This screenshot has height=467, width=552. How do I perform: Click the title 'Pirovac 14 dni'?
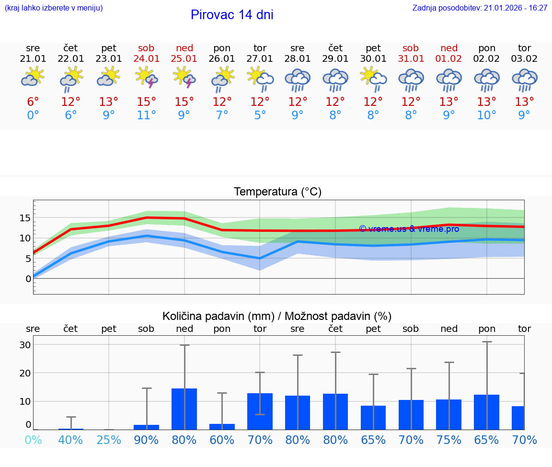click(x=232, y=15)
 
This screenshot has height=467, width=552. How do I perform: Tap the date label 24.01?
click(x=147, y=59)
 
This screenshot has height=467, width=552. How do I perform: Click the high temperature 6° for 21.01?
click(x=33, y=102)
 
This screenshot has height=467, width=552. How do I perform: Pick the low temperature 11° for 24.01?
click(x=147, y=115)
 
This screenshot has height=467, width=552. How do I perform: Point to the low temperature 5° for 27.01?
click(x=260, y=115)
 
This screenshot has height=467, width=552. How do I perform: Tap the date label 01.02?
click(x=449, y=59)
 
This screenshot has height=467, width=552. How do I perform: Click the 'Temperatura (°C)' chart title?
click(x=277, y=192)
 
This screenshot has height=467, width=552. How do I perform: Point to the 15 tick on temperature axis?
click(x=25, y=218)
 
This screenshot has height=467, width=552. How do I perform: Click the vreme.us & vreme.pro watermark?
click(x=409, y=229)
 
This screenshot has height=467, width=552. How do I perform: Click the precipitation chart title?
click(x=277, y=316)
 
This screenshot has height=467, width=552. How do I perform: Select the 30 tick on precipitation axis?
click(x=25, y=345)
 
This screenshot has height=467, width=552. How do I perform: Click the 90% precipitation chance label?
click(x=147, y=440)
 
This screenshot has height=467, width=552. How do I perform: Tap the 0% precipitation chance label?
click(x=33, y=440)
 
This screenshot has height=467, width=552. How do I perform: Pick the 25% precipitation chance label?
click(x=109, y=440)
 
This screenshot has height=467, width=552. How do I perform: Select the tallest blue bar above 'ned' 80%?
click(x=184, y=409)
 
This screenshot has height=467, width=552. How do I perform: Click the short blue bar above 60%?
click(x=222, y=427)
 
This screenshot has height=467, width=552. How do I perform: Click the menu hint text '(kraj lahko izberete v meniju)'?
click(x=54, y=8)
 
